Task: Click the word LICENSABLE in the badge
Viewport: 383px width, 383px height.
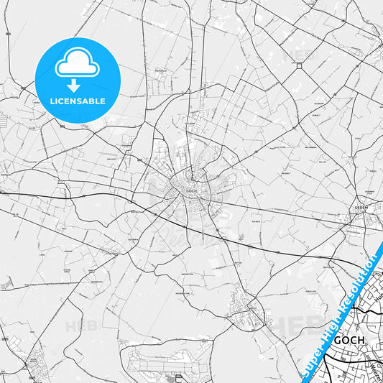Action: pyautogui.click(x=77, y=101)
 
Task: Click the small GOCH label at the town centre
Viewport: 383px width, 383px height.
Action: pyautogui.click(x=190, y=190)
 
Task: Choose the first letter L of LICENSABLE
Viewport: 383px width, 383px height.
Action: pyautogui.click(x=51, y=101)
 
